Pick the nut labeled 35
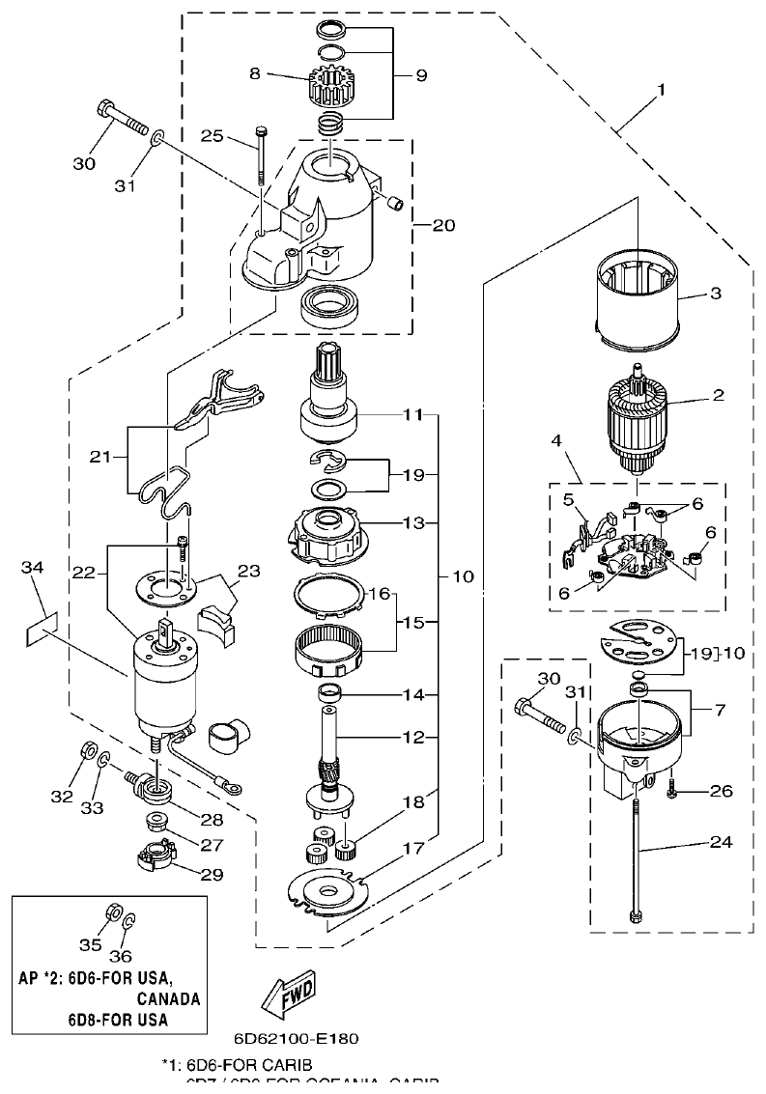click(x=110, y=912)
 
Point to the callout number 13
click(x=413, y=522)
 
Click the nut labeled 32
click(x=87, y=748)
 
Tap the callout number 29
click(x=211, y=875)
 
